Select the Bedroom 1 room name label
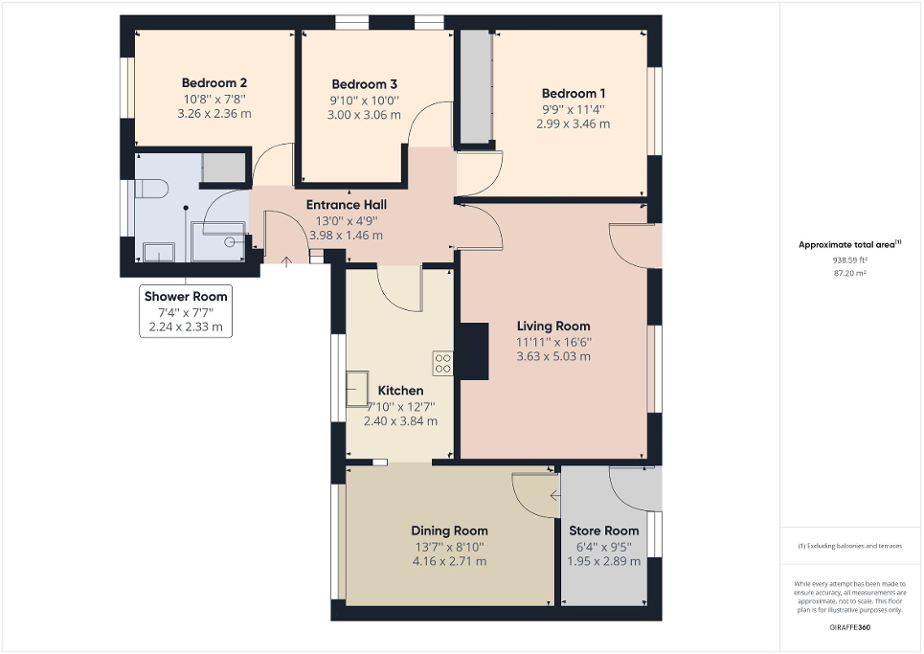(573, 93)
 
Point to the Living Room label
(553, 326)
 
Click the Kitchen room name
(400, 391)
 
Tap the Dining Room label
(449, 530)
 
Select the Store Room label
(603, 530)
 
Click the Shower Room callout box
(186, 311)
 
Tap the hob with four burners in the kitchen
(443, 363)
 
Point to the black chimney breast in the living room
(472, 351)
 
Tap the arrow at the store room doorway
(555, 496)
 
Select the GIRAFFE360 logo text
(850, 627)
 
